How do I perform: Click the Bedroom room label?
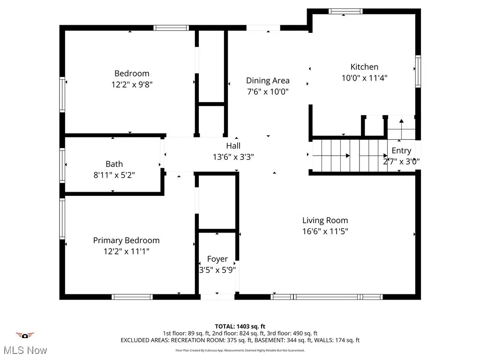pyautogui.click(x=132, y=74)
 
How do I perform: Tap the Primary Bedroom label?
pyautogui.click(x=126, y=240)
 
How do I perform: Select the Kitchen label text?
pyautogui.click(x=364, y=67)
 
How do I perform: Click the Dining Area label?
pyautogui.click(x=268, y=81)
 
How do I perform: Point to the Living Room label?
pyautogui.click(x=325, y=220)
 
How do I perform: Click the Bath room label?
pyautogui.click(x=114, y=164)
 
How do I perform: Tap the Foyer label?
pyautogui.click(x=217, y=259)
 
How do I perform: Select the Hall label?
pyautogui.click(x=233, y=146)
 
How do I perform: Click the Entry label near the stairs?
pyautogui.click(x=401, y=151)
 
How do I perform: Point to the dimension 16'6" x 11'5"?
pyautogui.click(x=325, y=231)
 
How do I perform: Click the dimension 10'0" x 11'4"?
pyautogui.click(x=364, y=78)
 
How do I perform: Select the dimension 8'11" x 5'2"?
pyautogui.click(x=114, y=175)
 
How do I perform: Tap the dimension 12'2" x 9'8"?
pyautogui.click(x=132, y=85)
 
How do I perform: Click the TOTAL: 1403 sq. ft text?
pyautogui.click(x=240, y=326)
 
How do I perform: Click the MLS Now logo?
pyautogui.click(x=25, y=345)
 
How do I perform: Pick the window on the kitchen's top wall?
pyautogui.click(x=345, y=11)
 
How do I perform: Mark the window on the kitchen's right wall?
pyautogui.click(x=418, y=71)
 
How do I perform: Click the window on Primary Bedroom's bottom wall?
pyautogui.click(x=132, y=297)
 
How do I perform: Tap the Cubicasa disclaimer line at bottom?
pyautogui.click(x=240, y=350)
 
